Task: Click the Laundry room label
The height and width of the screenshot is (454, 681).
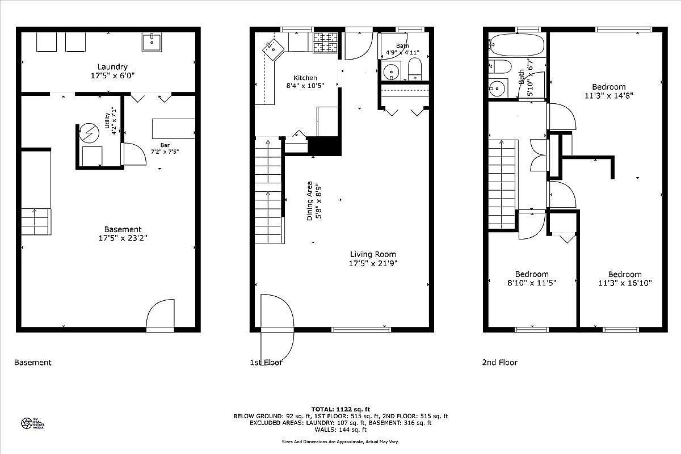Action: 112,66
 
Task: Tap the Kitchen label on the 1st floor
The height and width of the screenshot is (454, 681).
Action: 305,78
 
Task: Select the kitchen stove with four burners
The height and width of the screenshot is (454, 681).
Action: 326,42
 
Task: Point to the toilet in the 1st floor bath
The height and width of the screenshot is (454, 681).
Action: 415,69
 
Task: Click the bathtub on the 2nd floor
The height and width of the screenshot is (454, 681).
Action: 516,43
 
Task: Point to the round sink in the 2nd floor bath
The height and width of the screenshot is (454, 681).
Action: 497,89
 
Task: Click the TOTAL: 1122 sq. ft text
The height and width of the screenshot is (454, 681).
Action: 340,409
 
